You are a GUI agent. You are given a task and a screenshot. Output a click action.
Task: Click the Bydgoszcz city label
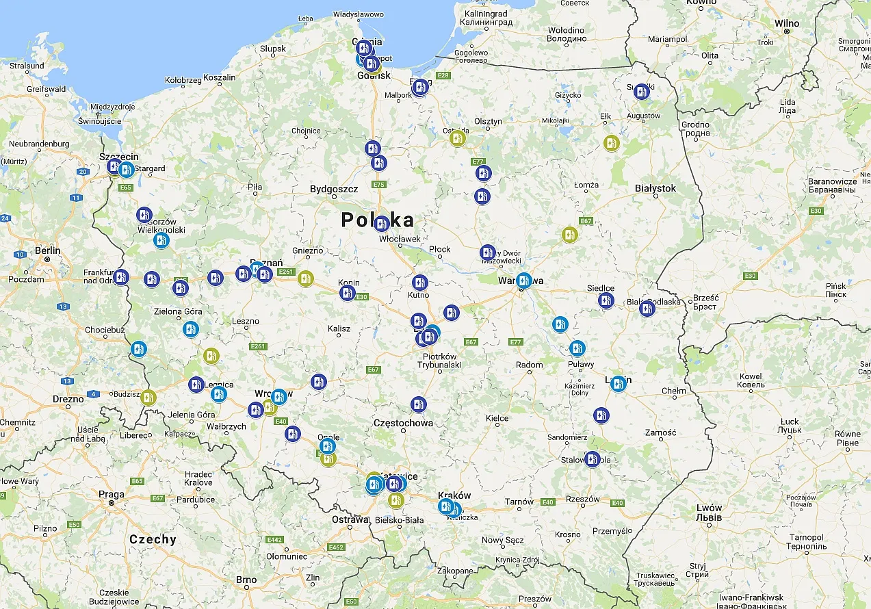(334, 188)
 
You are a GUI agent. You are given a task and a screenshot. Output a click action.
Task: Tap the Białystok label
(655, 188)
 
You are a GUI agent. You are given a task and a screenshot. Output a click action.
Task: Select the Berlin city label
(48, 250)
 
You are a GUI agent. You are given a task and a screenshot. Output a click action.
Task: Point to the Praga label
(112, 494)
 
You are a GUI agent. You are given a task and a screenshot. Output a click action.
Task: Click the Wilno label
(787, 23)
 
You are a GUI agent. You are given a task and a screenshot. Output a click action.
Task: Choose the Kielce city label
(497, 418)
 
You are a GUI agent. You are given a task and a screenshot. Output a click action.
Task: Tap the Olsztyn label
(488, 121)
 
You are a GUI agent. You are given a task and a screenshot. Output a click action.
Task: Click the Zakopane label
(456, 571)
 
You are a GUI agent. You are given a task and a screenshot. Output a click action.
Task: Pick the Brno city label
(246, 580)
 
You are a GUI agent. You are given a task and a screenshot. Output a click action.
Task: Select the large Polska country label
(378, 220)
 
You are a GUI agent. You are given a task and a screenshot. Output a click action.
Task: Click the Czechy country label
(153, 539)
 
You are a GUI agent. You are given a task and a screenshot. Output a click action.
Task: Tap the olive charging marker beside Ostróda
(458, 138)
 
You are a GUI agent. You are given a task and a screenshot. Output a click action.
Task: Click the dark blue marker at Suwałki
(641, 91)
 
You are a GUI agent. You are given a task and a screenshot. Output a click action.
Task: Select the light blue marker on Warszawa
(523, 280)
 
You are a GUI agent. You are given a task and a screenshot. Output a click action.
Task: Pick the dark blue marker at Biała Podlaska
(647, 309)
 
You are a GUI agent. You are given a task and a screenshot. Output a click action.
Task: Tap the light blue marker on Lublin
(618, 384)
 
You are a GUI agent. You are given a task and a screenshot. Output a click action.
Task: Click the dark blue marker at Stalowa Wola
(593, 459)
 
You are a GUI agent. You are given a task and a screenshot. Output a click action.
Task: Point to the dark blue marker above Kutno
(419, 282)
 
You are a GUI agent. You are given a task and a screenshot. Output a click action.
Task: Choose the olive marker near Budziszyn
(148, 397)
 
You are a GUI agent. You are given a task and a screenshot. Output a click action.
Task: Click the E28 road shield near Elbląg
(443, 75)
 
